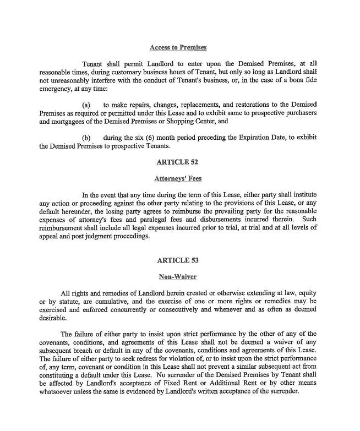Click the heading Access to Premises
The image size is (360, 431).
click(178, 47)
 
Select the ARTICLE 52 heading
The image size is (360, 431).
click(177, 162)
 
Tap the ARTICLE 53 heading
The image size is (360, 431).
click(177, 260)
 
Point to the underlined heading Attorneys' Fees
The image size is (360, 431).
click(177, 178)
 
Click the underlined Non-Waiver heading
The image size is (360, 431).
click(177, 277)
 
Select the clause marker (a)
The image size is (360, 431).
click(86, 105)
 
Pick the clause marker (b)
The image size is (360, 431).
click(86, 137)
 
